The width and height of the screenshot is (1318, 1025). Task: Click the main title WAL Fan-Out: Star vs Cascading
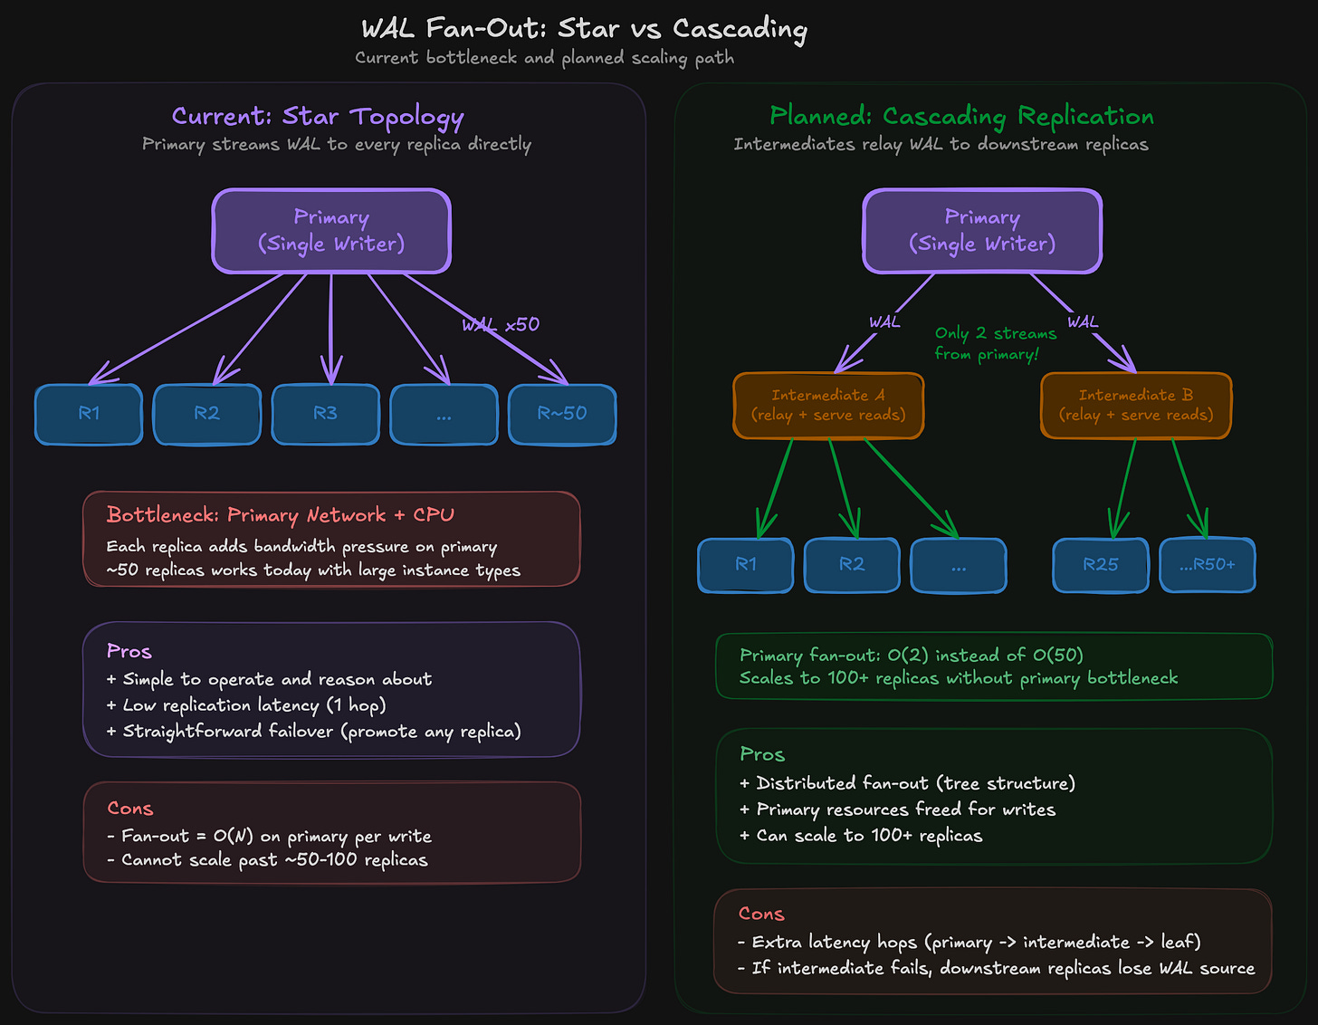point(584,29)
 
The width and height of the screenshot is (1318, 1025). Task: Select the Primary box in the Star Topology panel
point(331,231)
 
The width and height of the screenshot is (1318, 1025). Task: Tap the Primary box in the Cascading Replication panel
point(982,231)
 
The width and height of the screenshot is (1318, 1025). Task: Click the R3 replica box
point(325,414)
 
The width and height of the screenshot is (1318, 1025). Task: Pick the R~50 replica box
point(562,414)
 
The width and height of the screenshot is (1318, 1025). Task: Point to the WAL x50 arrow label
point(501,325)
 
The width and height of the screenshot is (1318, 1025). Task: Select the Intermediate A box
point(828,405)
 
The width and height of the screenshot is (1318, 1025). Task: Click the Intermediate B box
point(1136,405)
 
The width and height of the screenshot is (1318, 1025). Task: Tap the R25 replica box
point(1101,565)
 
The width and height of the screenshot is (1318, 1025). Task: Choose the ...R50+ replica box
point(1208,565)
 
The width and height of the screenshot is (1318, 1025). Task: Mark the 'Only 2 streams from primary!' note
point(995,344)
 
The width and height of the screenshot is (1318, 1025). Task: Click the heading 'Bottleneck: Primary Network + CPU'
point(281,515)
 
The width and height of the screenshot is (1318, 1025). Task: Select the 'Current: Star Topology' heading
point(318,117)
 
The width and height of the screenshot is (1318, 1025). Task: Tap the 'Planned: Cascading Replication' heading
point(961,117)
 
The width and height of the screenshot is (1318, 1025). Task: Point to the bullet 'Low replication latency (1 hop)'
point(253,705)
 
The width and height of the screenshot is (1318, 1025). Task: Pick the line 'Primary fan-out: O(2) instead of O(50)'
point(911,656)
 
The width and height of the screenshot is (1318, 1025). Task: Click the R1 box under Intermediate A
point(746,565)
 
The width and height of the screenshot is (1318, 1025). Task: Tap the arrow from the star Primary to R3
point(331,326)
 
